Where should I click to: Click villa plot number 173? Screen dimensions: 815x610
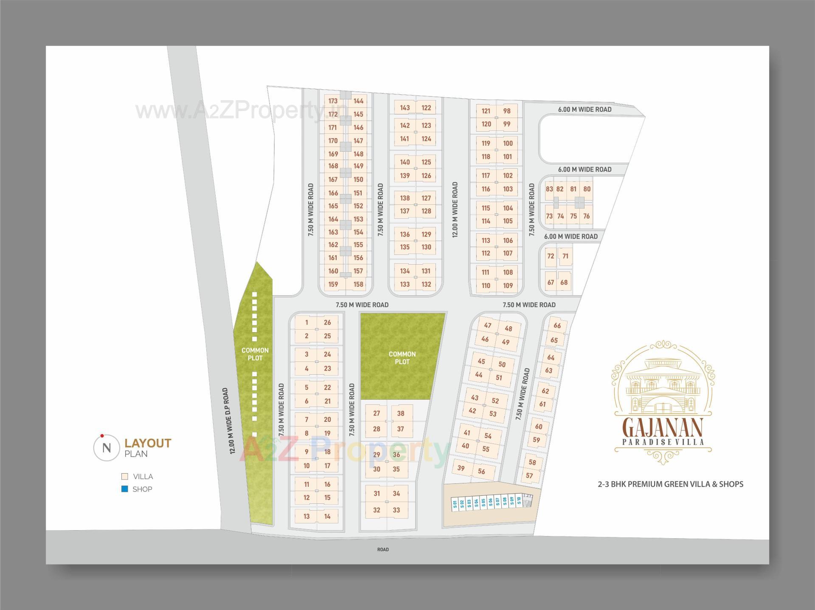(333, 101)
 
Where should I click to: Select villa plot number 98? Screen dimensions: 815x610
(507, 111)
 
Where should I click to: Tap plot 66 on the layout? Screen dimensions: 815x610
(557, 326)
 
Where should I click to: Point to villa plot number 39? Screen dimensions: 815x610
(461, 468)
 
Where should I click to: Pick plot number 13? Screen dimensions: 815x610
(306, 517)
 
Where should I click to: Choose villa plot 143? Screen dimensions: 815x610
(405, 108)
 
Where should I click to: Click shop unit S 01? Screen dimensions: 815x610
(455, 504)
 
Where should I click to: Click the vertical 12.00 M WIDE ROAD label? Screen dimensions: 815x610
(455, 209)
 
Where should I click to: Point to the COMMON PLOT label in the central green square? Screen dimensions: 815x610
(402, 358)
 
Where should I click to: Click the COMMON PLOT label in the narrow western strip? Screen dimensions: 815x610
(255, 354)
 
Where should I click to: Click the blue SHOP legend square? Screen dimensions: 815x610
(125, 489)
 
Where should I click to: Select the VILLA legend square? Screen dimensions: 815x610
(125, 477)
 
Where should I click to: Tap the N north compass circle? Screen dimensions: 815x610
(107, 448)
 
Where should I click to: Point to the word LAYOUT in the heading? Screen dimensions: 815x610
(148, 443)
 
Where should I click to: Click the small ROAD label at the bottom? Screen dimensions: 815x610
(383, 550)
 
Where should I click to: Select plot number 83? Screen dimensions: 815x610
(549, 189)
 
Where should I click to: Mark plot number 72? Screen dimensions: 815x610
(551, 256)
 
